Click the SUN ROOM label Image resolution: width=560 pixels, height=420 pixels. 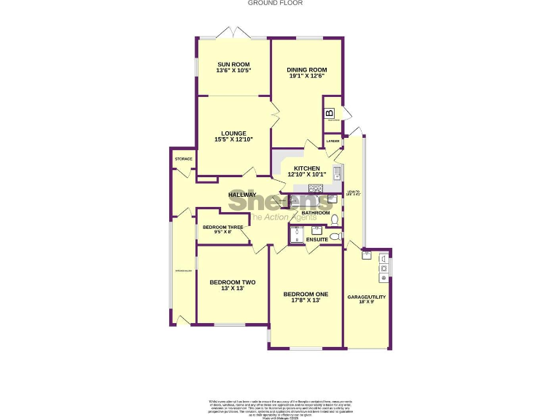233,64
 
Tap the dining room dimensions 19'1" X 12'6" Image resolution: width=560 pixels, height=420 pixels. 306,76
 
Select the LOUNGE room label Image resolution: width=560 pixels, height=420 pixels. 233,133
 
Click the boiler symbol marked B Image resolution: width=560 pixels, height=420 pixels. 330,113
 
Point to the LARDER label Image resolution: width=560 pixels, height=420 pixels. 332,141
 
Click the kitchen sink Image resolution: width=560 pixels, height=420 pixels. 337,174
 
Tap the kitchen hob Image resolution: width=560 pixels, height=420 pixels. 316,187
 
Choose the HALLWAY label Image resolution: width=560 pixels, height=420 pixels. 243,195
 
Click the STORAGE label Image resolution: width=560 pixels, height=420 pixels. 183,158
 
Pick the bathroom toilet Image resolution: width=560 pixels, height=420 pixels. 335,219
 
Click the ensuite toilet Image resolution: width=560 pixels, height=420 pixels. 334,237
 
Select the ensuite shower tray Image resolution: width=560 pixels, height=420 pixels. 297,235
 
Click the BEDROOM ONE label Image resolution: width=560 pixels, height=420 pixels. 306,294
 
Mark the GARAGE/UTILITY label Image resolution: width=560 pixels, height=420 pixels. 366,297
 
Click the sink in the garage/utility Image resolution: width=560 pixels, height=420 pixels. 367,254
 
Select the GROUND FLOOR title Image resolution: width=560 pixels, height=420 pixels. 275,3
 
